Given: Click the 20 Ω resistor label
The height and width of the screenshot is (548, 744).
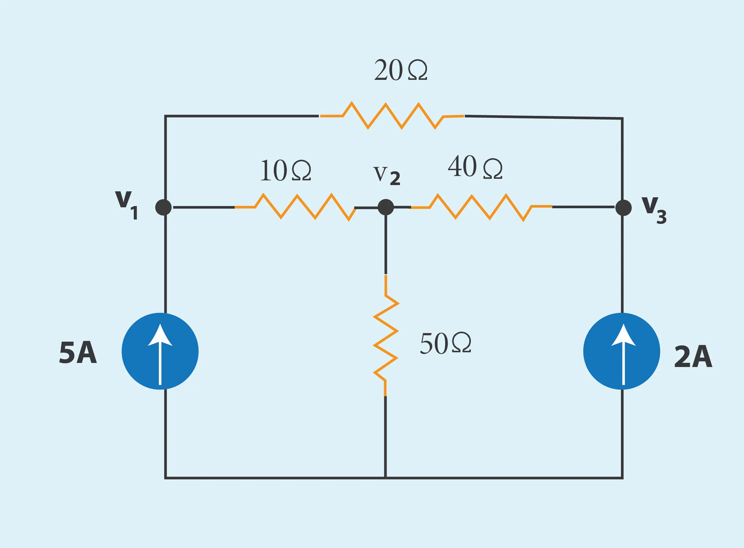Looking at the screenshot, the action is tap(401, 70).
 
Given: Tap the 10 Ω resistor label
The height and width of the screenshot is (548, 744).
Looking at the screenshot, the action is tap(286, 170).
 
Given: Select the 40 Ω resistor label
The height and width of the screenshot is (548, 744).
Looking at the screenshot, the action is tap(475, 167).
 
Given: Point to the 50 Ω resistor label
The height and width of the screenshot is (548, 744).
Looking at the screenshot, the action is tap(445, 343).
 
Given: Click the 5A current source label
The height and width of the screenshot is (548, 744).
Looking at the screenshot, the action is tap(78, 353).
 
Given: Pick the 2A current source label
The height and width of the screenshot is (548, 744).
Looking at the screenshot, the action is tap(693, 356).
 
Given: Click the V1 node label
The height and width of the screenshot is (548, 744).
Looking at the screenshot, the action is tap(127, 205).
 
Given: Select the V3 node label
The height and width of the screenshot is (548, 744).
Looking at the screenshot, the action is tap(654, 210).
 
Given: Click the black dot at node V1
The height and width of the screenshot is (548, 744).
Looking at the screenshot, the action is tap(163, 207).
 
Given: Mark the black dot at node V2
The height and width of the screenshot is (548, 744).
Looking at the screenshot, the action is tap(386, 207).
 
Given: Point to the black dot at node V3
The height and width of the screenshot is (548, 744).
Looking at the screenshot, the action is tap(623, 208).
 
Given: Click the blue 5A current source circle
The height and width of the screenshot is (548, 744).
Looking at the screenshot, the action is tap(160, 351).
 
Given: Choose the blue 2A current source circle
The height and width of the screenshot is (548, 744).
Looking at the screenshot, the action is tap(622, 351).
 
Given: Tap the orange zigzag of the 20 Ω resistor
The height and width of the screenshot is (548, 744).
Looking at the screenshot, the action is tap(392, 116).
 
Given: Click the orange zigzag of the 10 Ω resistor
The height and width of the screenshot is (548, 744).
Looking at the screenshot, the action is tap(295, 207).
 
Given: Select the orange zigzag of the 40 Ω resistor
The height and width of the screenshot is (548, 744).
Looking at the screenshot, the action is tap(481, 207).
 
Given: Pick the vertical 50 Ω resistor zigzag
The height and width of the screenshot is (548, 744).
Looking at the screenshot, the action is tap(386, 335).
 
